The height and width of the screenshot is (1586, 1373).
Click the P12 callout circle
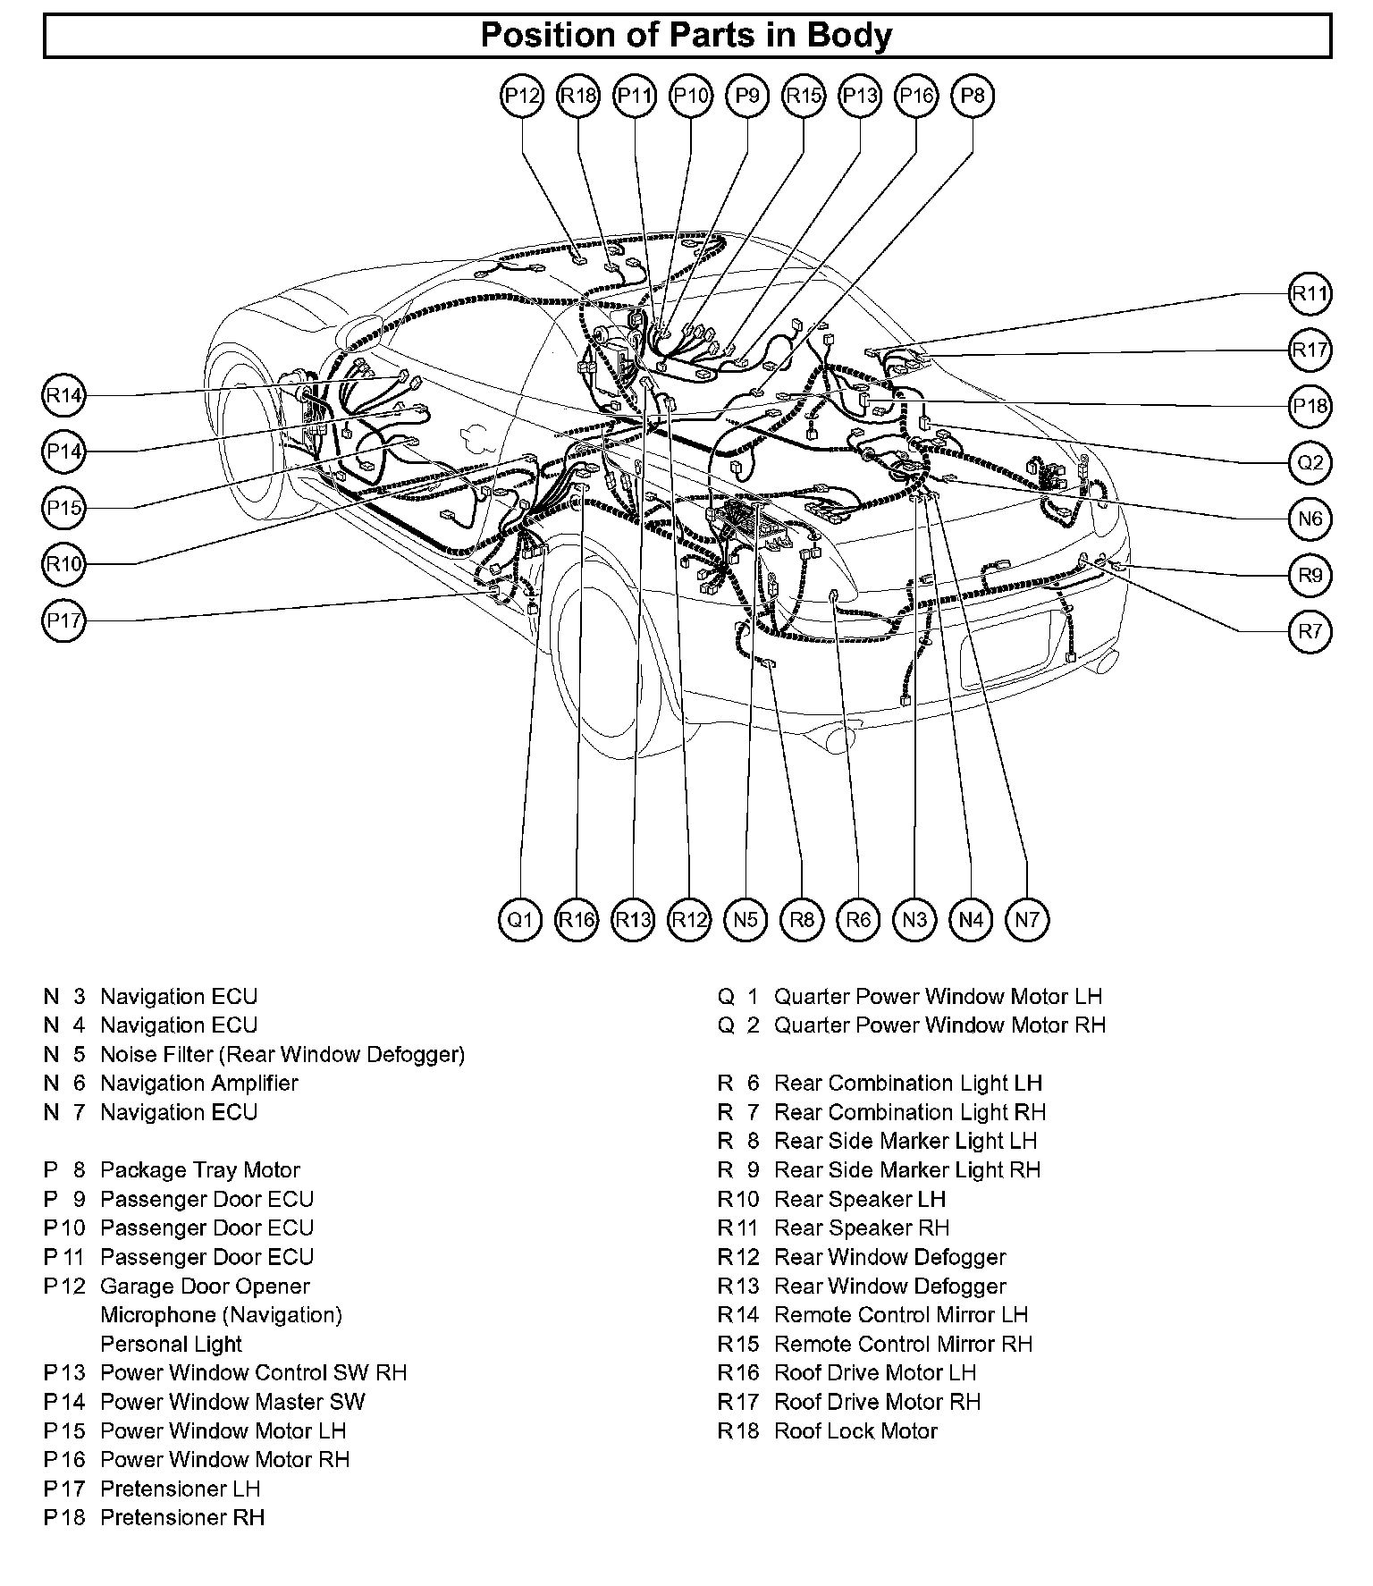pos(522,96)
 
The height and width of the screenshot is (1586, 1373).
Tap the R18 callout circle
pos(578,96)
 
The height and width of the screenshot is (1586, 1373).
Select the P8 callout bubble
pos(973,96)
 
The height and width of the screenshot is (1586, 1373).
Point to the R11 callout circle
pos(1310,293)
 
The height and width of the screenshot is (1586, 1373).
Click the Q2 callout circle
pos(1310,462)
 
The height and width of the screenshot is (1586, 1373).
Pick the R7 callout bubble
pos(1310,631)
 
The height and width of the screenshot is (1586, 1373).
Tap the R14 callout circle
pos(64,395)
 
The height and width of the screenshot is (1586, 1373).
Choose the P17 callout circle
pos(64,620)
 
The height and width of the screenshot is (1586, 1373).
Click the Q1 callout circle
pos(520,919)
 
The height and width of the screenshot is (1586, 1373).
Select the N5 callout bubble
pos(745,919)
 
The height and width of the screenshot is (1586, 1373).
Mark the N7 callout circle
pos(1027,919)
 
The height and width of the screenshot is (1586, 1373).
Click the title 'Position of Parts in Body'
pos(686,36)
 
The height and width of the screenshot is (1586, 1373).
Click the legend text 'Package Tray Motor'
pos(199,1169)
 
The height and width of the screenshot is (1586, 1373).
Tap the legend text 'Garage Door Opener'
pos(205,1286)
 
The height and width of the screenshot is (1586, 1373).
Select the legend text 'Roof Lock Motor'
pos(855,1430)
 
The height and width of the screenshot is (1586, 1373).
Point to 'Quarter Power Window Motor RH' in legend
pos(939,1025)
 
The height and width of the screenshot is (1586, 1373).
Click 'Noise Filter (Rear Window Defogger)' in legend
pos(282,1054)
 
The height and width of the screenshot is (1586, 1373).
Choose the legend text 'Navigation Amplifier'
pos(198,1083)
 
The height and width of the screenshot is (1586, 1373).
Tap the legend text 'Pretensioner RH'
pos(182,1517)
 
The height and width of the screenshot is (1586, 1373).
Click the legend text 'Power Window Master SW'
pos(232,1401)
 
